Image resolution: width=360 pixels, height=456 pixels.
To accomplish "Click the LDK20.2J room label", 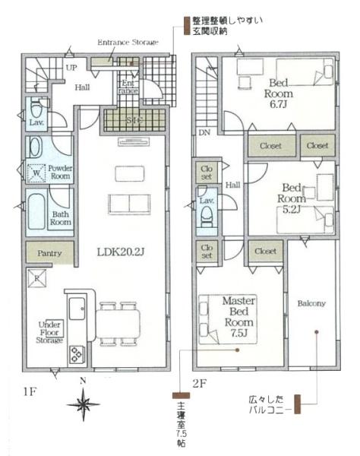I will [x=115, y=252].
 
